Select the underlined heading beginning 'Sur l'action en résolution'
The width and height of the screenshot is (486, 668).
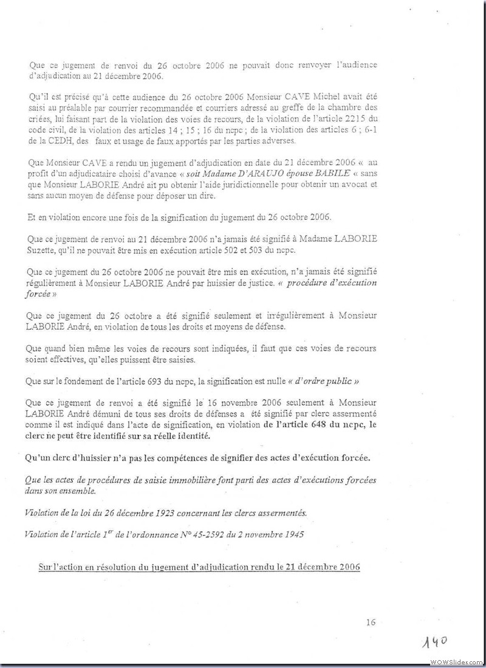click(199, 567)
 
